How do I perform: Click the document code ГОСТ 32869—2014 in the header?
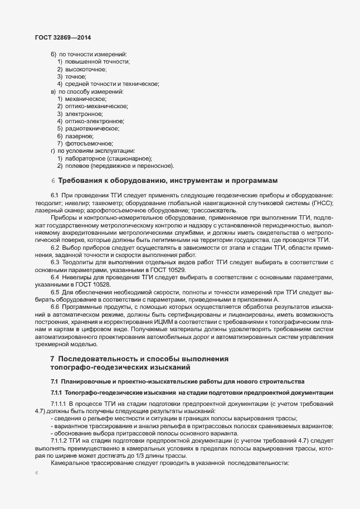[x=59, y=38]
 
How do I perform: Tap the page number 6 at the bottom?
[x=36, y=473]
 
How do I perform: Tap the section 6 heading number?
[x=52, y=181]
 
